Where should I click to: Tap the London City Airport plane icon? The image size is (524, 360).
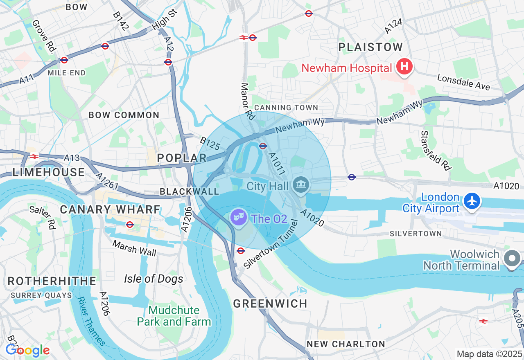[472, 201]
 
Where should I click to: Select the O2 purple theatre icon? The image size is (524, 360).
[237, 216]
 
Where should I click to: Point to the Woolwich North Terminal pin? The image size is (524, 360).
[512, 259]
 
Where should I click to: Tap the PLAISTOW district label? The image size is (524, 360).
[371, 47]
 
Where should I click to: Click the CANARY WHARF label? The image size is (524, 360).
[110, 209]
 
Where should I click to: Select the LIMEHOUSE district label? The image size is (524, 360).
[48, 172]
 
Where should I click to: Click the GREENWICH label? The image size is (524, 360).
[270, 304]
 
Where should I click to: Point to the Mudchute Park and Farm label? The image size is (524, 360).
[174, 316]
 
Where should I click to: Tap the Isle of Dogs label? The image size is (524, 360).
[154, 279]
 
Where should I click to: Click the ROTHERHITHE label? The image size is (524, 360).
[52, 281]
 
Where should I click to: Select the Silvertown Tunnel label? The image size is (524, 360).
[271, 244]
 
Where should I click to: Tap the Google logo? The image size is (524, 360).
[27, 350]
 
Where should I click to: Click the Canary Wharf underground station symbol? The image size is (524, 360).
[130, 225]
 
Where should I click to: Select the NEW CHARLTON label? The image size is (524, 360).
[346, 344]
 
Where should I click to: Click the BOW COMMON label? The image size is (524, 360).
[124, 115]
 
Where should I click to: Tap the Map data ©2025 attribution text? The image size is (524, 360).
[489, 354]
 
